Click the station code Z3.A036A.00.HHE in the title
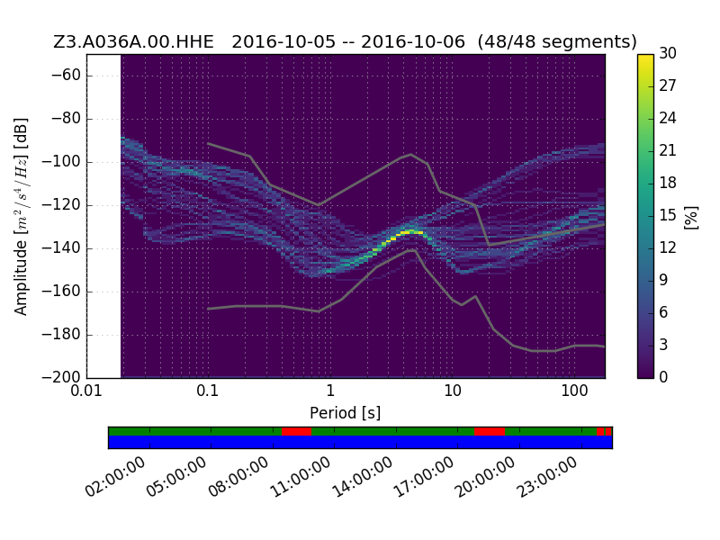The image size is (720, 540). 133,41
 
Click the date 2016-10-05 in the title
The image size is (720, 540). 283,41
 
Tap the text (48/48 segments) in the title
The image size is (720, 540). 557,41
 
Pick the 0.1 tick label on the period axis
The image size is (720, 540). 208,391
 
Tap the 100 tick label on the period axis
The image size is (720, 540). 574,391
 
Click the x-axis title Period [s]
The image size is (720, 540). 346,413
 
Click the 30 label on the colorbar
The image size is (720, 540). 668,53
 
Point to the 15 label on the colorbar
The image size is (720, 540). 668,215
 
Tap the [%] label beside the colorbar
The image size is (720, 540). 690,217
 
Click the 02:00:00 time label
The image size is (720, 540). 115,477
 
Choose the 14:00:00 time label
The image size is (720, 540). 362,477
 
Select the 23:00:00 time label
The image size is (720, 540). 546,477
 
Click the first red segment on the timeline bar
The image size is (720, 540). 297,432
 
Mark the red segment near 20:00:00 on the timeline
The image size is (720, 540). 490,432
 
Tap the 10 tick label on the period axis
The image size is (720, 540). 453,391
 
